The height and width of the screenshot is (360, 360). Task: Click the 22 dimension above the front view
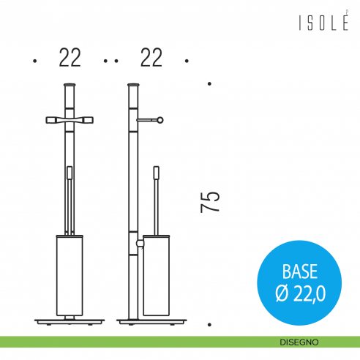70,58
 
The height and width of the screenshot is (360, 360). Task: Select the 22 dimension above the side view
151,58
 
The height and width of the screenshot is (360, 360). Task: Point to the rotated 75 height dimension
210,202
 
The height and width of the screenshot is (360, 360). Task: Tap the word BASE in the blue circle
300,271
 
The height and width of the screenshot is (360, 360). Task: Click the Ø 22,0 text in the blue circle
301,293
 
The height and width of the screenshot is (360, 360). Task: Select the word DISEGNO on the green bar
299,342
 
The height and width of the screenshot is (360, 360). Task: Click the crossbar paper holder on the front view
70,120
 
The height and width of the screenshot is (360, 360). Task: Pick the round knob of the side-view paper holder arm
160,120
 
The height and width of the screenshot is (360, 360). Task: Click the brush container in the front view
70,275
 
